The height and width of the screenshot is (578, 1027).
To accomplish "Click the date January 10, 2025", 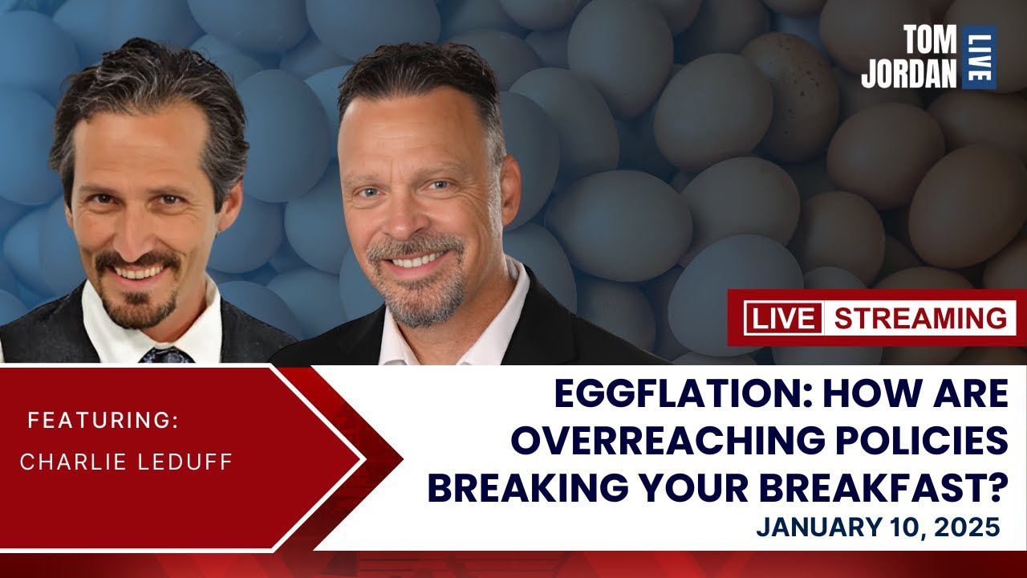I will [x=878, y=527].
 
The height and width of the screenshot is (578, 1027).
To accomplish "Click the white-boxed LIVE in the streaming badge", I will [x=783, y=318].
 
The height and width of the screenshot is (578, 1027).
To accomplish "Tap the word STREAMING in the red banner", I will [x=919, y=318].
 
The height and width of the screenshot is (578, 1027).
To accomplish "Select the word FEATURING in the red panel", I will [x=102, y=421].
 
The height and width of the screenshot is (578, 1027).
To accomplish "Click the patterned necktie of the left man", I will [x=166, y=354].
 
